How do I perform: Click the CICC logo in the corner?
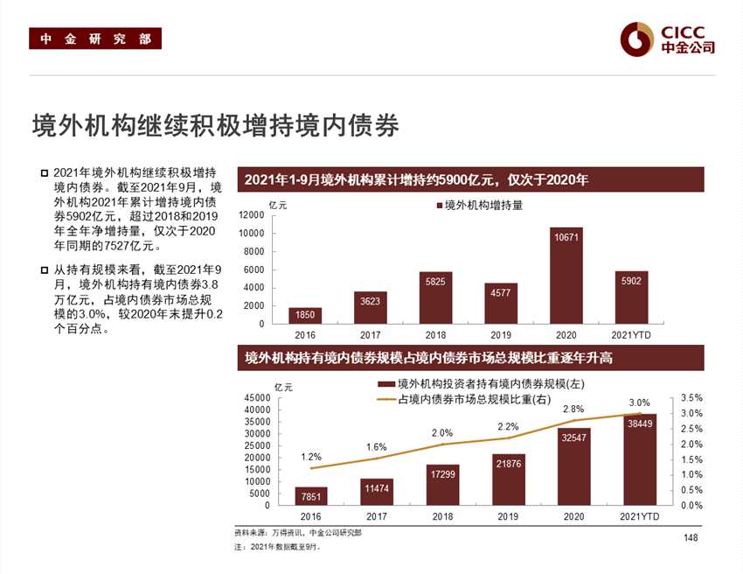tap(667, 37)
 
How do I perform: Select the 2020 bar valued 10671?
tap(566, 276)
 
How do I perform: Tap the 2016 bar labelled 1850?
tap(305, 315)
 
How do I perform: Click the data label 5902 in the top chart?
tap(631, 281)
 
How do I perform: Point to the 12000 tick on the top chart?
tap(252, 215)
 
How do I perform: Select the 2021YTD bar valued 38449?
tap(638, 459)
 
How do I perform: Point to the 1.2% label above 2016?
tap(311, 456)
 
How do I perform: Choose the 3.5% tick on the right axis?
tap(691, 398)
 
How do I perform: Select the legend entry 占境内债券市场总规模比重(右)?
tap(468, 400)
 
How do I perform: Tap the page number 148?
tap(691, 536)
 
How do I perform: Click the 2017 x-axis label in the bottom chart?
tap(377, 516)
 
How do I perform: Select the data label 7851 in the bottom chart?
tap(311, 496)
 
